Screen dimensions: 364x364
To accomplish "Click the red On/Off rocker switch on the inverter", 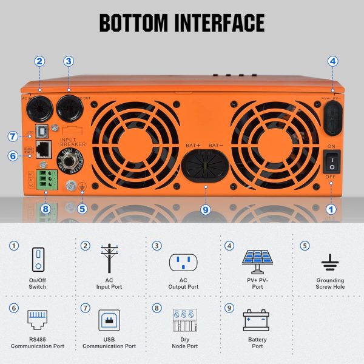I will click(332, 161).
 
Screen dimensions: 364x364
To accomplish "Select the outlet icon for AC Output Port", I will click(183, 262).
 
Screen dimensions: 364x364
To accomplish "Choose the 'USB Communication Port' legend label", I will click(109, 343).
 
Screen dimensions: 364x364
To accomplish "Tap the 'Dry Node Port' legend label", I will click(183, 343).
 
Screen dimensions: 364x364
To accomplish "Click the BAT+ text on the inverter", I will click(192, 146).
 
